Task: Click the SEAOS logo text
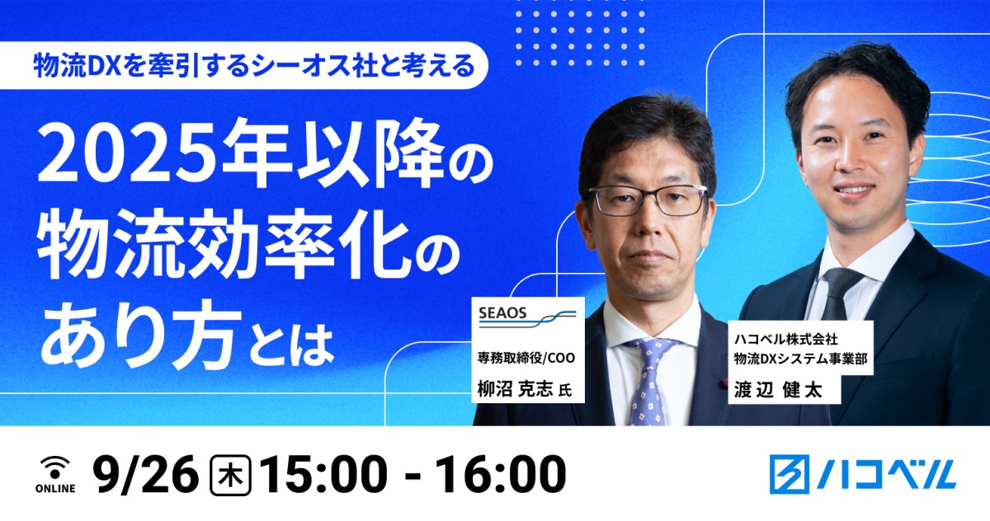502,313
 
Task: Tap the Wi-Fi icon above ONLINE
55,468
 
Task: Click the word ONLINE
55,488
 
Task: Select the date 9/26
146,474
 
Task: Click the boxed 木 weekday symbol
230,475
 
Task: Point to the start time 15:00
324,474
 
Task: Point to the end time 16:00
501,474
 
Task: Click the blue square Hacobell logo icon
790,474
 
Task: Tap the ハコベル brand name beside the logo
887,474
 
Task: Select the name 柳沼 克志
516,388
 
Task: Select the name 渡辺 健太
778,390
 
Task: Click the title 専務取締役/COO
526,357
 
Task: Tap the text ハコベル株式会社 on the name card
785,339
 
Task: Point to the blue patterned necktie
649,381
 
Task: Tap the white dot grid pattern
580,39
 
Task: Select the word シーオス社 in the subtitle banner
314,67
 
